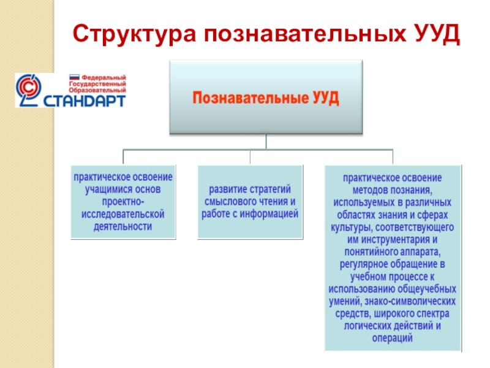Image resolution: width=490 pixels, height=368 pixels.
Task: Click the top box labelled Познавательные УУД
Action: pyautogui.click(x=266, y=97)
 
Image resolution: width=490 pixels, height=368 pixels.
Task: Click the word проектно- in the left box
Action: pyautogui.click(x=123, y=202)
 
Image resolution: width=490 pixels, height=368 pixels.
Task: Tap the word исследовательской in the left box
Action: pyautogui.click(x=123, y=214)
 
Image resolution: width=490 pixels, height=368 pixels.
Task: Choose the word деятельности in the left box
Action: pyautogui.click(x=123, y=226)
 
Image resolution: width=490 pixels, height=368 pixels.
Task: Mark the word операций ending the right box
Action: pyautogui.click(x=392, y=338)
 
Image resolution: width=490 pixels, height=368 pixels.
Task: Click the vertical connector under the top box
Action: pyautogui.click(x=266, y=142)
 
